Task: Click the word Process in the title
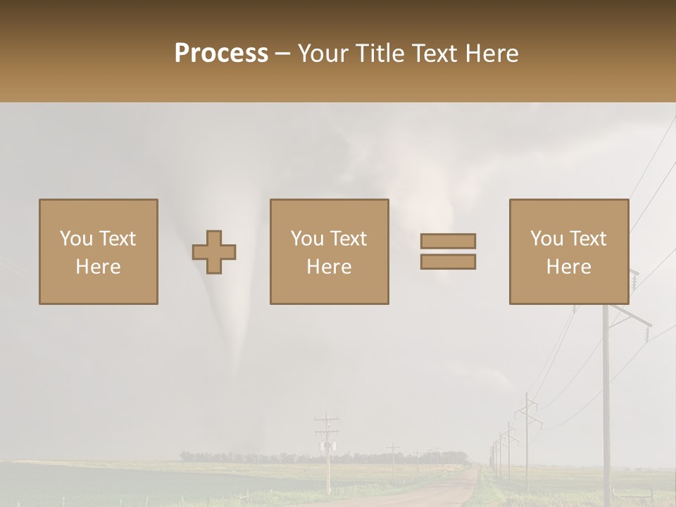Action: [221, 54]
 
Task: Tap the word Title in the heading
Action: [381, 54]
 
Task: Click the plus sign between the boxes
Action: [214, 252]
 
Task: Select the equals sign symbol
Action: [448, 251]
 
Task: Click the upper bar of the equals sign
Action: [448, 242]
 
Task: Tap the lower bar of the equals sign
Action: [448, 262]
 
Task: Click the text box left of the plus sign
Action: [98, 251]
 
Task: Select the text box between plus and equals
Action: [329, 251]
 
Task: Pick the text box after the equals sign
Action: [568, 251]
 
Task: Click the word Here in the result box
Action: [568, 266]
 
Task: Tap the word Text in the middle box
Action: [348, 239]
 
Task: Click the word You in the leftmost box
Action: [75, 239]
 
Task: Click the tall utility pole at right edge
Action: [606, 394]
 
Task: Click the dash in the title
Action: [282, 54]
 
